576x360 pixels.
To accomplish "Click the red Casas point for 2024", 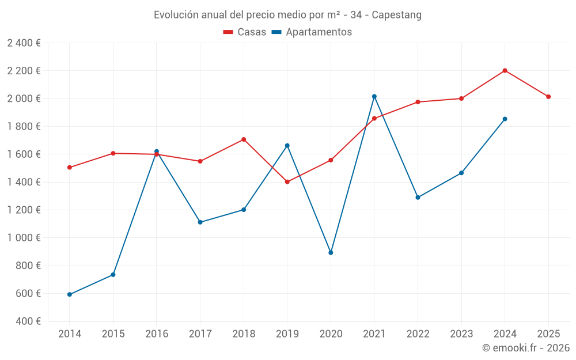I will point(505,71).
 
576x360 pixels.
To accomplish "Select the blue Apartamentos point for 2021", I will point(374,96).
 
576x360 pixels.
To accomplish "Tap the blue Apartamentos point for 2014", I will point(70,294).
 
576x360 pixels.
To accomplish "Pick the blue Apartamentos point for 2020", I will point(331,253).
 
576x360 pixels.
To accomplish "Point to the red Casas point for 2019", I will point(287,182).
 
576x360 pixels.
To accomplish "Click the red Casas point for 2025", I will point(548,97).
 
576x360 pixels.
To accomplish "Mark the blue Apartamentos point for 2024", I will point(505,119).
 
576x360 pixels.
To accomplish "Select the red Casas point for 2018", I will point(244,139).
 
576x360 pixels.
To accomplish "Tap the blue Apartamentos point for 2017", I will point(200,222).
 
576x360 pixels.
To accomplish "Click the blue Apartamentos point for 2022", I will point(418,198).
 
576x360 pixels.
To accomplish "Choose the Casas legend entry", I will point(245,32).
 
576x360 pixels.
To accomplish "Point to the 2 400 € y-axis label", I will point(24,43).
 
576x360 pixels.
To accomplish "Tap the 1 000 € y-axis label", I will point(24,238).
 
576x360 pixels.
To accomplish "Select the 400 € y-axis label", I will point(27,321).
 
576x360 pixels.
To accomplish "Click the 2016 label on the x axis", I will point(157,334).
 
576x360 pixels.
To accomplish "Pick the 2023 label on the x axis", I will point(461,334).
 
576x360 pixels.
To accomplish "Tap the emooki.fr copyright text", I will point(525,348).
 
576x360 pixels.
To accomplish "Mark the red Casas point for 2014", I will point(70,168).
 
